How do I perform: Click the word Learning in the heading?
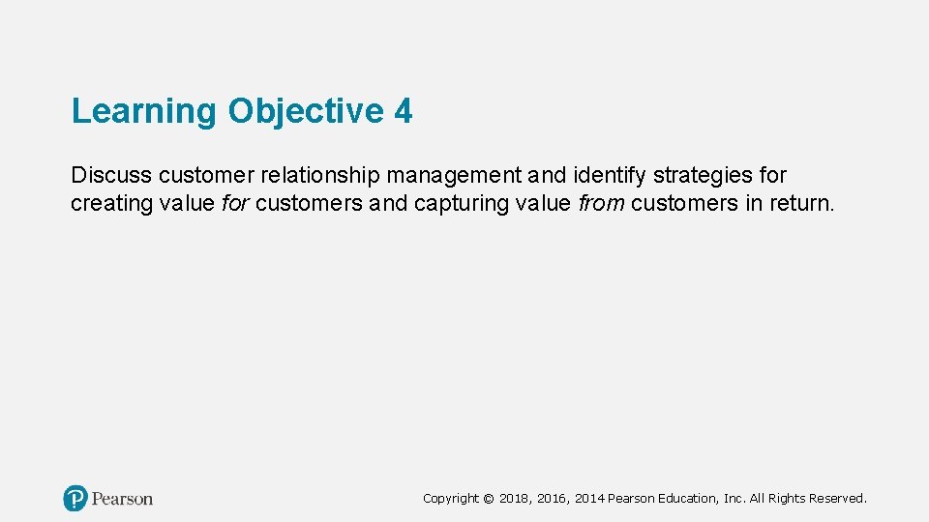pyautogui.click(x=145, y=112)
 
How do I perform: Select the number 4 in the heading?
pyautogui.click(x=404, y=112)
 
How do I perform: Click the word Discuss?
pyautogui.click(x=111, y=176)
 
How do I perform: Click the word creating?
pyautogui.click(x=107, y=204)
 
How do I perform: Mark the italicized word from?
pyautogui.click(x=602, y=204)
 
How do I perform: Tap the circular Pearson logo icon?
pyautogui.click(x=75, y=499)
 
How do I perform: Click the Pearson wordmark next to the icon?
pyautogui.click(x=123, y=499)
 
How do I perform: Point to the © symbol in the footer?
pyautogui.click(x=488, y=499)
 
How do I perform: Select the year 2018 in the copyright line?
pyautogui.click(x=515, y=499)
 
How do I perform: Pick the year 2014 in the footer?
pyautogui.click(x=589, y=499)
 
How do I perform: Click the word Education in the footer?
pyautogui.click(x=689, y=499)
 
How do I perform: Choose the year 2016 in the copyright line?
pyautogui.click(x=553, y=499)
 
